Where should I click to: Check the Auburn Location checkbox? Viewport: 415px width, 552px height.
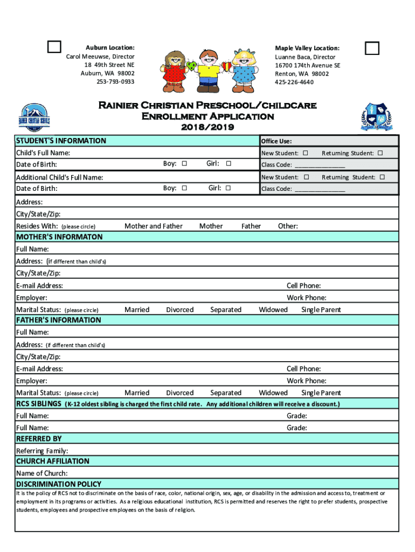[53, 47]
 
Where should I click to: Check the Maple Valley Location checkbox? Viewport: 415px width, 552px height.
[372, 48]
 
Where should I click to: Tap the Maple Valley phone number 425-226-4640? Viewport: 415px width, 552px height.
[294, 82]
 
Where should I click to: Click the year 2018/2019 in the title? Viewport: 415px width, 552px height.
[207, 127]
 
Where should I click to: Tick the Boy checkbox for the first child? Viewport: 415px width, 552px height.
[184, 164]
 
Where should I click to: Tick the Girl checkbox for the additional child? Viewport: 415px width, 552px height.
[228, 188]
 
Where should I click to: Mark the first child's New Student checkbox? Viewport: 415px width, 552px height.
[306, 154]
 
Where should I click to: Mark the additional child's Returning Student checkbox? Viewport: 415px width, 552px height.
[382, 177]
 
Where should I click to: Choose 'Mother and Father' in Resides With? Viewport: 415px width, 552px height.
[153, 226]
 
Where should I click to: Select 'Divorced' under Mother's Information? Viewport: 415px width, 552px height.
[179, 310]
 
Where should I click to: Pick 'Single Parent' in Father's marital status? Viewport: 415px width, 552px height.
[321, 393]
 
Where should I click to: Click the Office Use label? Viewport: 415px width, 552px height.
[276, 141]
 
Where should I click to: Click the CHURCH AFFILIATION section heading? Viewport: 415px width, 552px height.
[52, 461]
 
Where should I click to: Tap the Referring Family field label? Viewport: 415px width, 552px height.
[42, 451]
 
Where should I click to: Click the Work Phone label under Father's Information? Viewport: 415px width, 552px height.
[306, 381]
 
